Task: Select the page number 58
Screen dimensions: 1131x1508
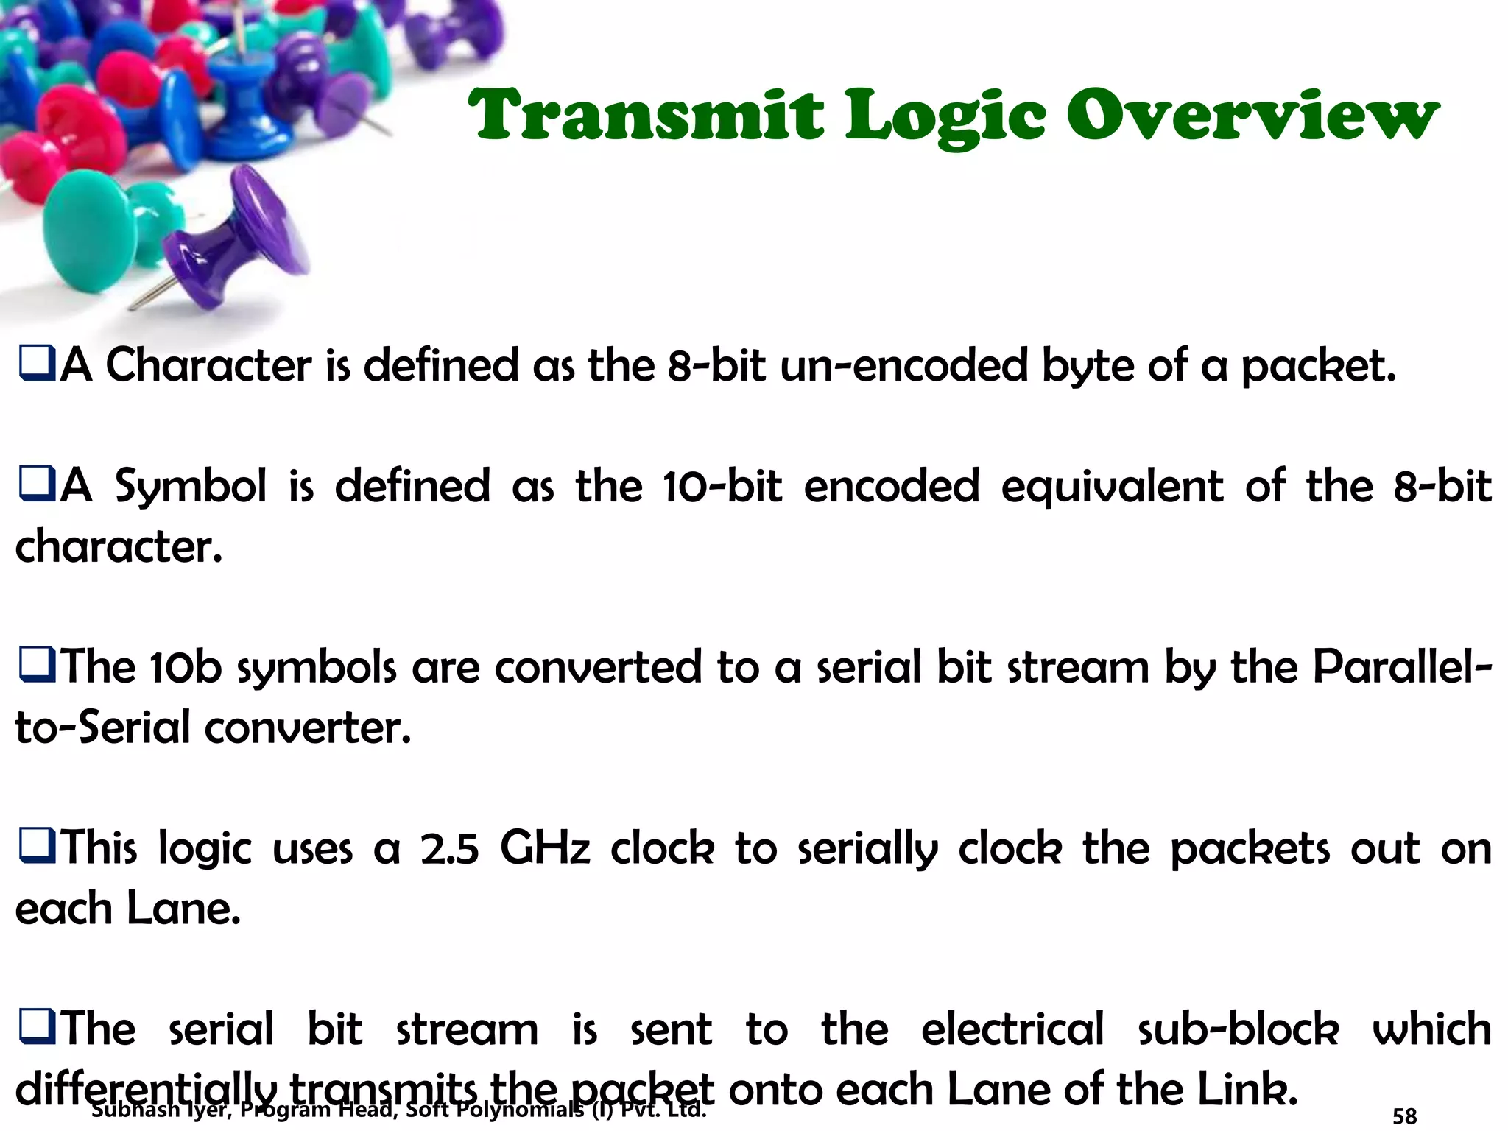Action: (x=1404, y=1116)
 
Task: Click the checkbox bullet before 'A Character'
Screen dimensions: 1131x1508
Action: (x=36, y=365)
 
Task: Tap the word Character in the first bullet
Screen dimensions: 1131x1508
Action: (x=208, y=365)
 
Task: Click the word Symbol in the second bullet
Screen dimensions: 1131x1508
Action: (x=191, y=487)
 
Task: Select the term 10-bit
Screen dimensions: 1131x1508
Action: (x=722, y=487)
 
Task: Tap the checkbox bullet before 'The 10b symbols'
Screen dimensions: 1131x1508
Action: (x=36, y=666)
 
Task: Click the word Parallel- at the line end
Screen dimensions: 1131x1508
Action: (x=1402, y=666)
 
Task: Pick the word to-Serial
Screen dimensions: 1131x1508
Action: (x=102, y=727)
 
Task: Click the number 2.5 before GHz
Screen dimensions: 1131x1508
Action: (x=449, y=848)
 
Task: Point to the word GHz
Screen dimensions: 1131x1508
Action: (x=545, y=848)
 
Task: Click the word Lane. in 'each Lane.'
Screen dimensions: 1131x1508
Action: (x=183, y=909)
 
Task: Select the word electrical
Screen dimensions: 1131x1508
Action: (x=1012, y=1029)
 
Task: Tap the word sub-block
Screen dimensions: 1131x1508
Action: (x=1238, y=1029)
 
